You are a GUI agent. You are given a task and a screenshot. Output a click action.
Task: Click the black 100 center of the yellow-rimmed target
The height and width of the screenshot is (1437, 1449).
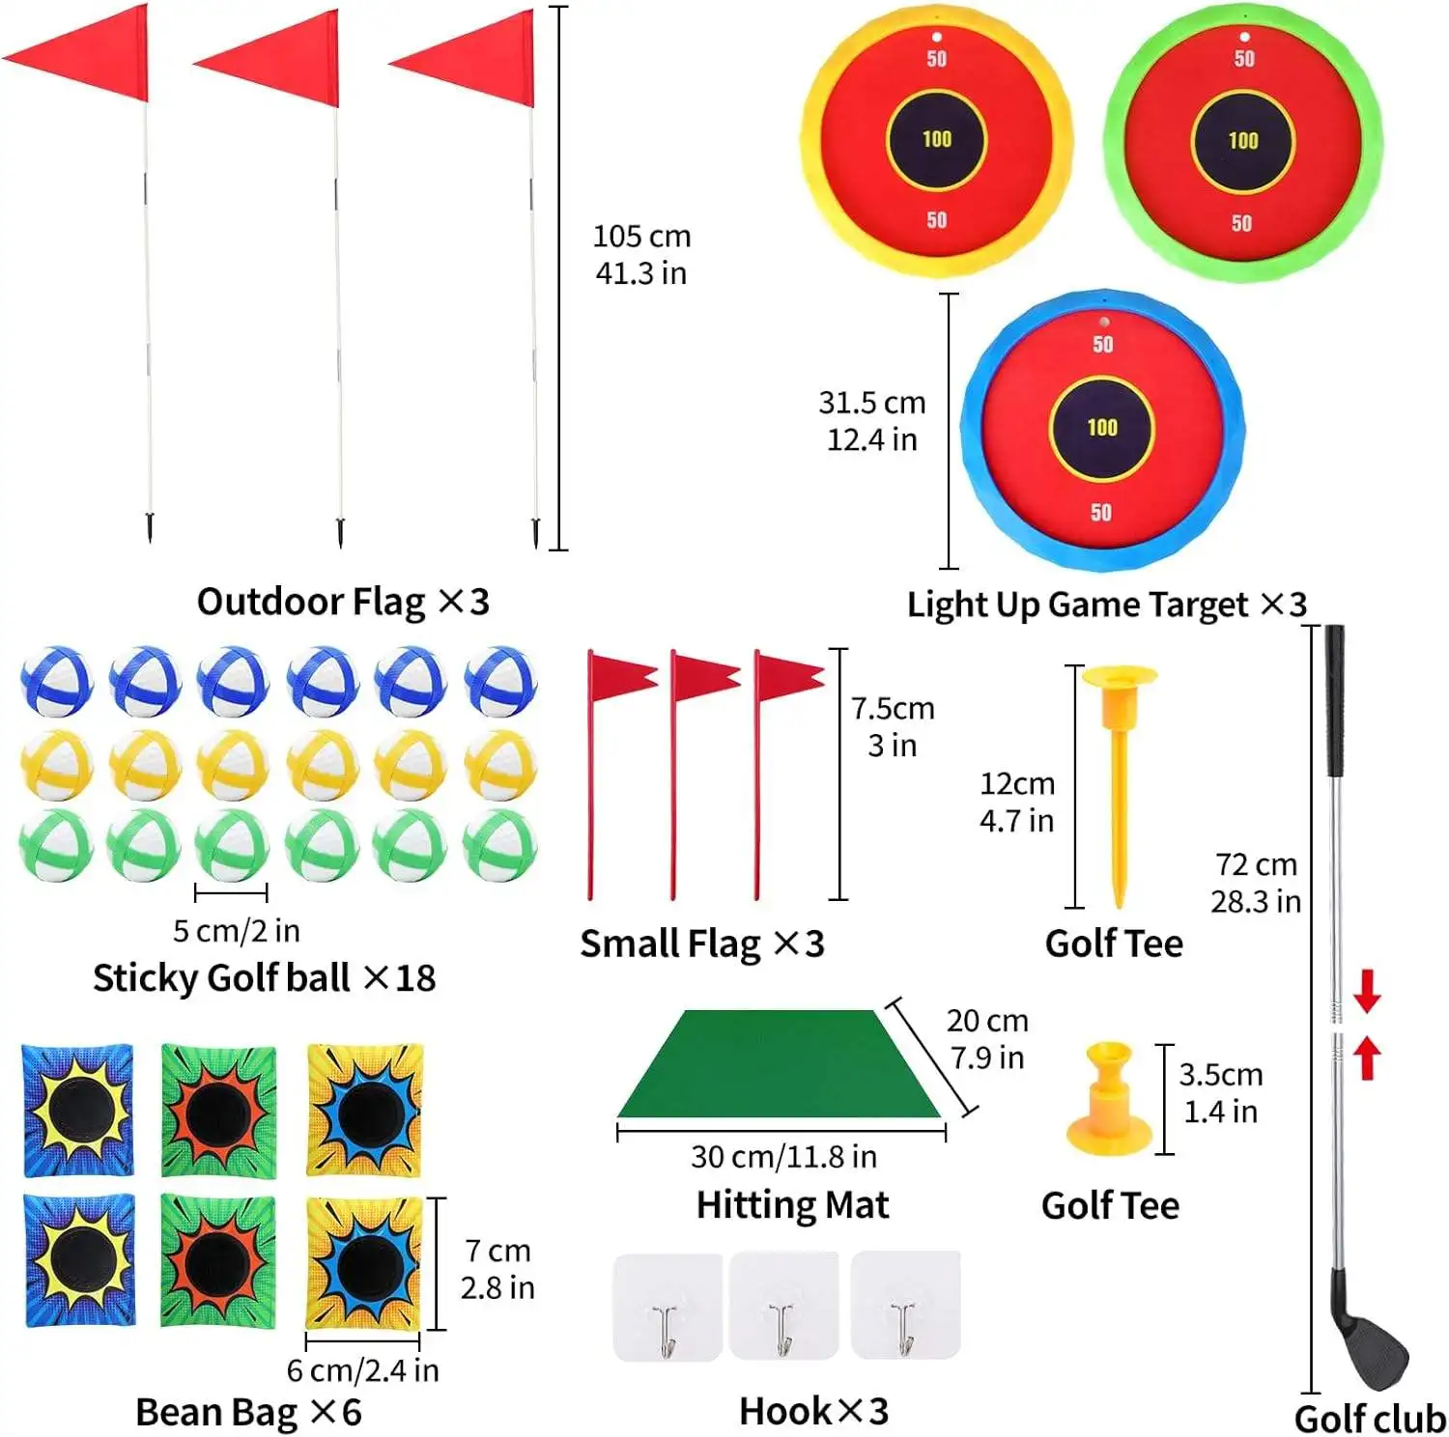[936, 139]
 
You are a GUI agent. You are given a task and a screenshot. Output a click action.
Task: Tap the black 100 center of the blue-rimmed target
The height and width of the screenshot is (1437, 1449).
[1101, 428]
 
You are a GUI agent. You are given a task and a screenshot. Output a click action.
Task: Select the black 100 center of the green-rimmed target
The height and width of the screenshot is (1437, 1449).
[1242, 141]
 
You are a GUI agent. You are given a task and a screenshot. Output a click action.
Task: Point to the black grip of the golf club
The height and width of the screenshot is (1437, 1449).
[1334, 700]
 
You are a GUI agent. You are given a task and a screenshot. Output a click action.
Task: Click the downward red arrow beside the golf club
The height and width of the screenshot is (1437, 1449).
[1366, 991]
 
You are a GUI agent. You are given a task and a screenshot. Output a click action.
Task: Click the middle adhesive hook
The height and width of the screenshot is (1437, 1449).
[782, 1307]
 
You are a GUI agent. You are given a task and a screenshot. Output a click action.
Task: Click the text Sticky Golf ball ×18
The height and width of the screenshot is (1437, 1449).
[264, 978]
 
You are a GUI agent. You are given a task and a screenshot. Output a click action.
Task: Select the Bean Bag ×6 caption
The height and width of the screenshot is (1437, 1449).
[248, 1412]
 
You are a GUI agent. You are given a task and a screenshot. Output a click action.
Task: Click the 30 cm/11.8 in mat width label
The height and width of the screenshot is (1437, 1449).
[783, 1156]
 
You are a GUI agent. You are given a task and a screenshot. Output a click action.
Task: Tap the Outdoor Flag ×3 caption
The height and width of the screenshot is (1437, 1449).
[343, 602]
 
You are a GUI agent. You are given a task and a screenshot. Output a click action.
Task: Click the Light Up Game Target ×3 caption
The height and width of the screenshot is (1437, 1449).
[1106, 605]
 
